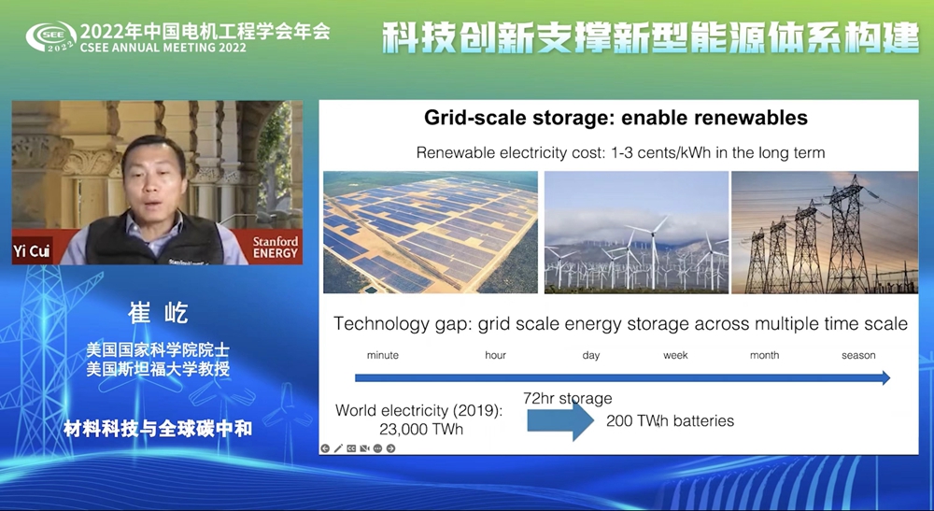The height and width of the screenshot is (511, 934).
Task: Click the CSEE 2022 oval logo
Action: coord(51,37)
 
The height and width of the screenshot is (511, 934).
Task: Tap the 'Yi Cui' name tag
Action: coord(32,250)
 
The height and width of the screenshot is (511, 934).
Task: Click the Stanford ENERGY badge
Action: coord(275,248)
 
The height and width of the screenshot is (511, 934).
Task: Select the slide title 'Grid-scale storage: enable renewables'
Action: coord(616,118)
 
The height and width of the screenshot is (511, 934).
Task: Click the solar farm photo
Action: coord(430,233)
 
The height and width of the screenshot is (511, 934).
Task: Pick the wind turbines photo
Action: coord(636,233)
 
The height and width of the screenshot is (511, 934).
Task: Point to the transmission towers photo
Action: coord(825,233)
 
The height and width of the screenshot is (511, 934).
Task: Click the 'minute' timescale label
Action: coord(382,356)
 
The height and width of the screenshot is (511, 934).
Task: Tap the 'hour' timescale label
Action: coord(495,356)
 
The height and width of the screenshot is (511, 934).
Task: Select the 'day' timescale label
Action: coord(591,356)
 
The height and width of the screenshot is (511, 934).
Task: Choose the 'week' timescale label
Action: coord(675,356)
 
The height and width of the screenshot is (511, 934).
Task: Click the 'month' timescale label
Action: coord(764,356)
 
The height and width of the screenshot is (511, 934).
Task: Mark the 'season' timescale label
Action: coord(858,356)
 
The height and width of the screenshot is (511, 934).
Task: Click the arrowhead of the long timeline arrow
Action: coord(886,377)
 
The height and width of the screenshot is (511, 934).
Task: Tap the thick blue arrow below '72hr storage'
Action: coord(559,420)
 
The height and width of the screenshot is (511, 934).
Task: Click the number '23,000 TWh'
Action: coord(420,430)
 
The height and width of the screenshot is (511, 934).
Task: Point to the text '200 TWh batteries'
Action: coord(670,421)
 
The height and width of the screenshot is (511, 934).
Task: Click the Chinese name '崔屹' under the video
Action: coord(159,313)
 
